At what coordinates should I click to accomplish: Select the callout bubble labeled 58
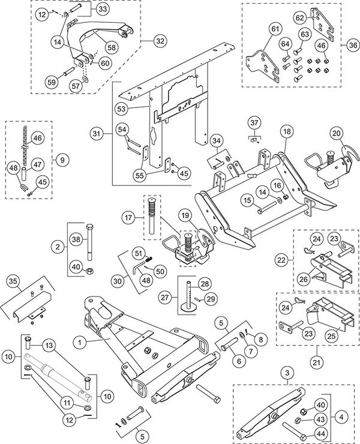112,47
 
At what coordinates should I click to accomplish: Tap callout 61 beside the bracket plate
275,29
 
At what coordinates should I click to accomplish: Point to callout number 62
300,18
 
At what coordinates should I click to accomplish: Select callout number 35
14,281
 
